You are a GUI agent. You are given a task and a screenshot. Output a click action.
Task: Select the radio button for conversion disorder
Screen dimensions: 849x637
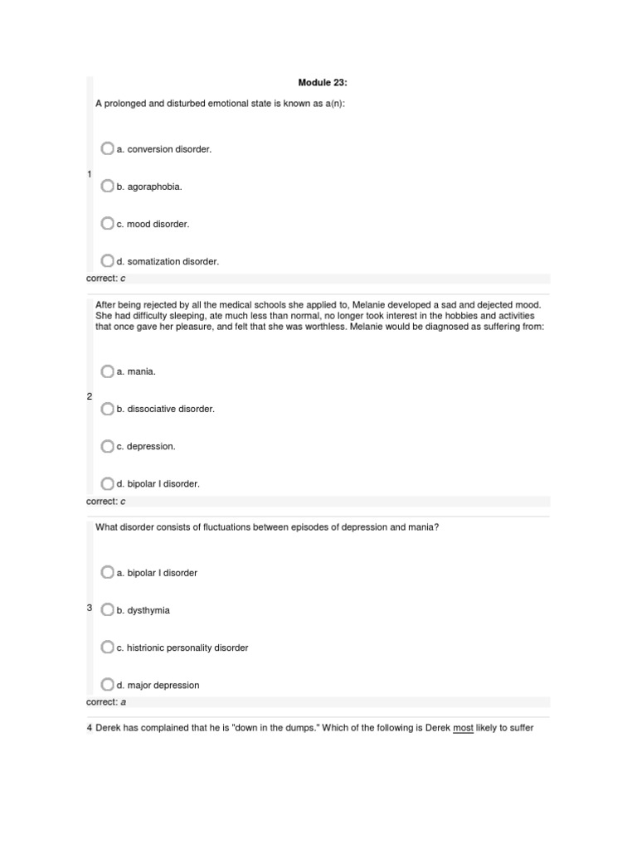point(107,148)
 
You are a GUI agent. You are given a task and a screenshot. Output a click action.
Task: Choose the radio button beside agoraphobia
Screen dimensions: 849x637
point(107,186)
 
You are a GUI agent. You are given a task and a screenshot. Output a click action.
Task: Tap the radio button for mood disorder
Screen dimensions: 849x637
point(107,223)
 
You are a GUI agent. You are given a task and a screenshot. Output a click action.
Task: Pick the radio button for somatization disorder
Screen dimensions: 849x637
point(107,260)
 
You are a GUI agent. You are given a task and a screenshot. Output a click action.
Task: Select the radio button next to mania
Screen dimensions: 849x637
point(107,371)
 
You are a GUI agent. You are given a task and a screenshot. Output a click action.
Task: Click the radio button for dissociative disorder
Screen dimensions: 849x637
point(107,409)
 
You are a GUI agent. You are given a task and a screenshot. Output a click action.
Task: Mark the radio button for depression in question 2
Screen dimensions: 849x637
point(107,446)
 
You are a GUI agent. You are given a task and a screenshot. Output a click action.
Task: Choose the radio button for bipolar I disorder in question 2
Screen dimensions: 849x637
point(107,483)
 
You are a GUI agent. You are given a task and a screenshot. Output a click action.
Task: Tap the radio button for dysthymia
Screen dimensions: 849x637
point(107,609)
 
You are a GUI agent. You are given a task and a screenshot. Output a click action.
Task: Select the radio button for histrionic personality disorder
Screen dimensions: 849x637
point(107,647)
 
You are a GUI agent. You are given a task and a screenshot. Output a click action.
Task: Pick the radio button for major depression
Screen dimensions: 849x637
point(107,685)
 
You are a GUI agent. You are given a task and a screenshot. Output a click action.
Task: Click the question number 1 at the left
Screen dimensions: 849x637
point(89,174)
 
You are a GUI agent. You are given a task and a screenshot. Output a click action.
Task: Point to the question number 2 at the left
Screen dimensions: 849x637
point(90,396)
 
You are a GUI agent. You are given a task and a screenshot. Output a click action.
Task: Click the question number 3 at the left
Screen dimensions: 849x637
point(90,608)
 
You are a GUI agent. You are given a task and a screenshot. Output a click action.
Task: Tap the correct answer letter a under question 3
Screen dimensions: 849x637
point(124,702)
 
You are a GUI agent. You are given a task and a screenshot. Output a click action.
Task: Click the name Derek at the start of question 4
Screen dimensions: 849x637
point(109,728)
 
